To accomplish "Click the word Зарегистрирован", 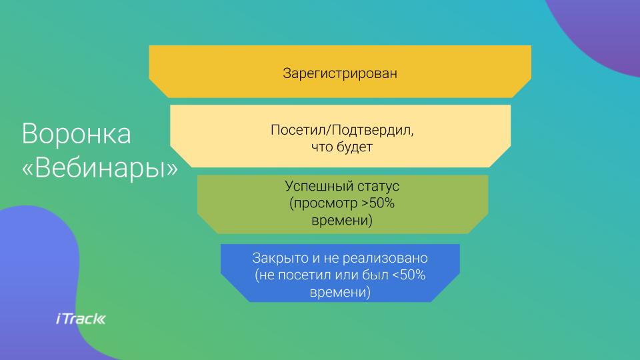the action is pos(340,74).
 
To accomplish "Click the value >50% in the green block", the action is pos(378,203).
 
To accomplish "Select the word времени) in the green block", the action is pos(341,221).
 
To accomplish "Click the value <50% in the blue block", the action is pos(409,275).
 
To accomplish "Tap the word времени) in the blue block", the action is pos(340,293).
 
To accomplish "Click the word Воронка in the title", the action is pos(76,133).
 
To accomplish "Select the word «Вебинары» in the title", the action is pos(100,168).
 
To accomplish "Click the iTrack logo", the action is pos(81,319).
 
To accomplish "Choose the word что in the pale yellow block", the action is pos(321,147).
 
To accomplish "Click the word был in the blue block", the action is pos(375,275).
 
